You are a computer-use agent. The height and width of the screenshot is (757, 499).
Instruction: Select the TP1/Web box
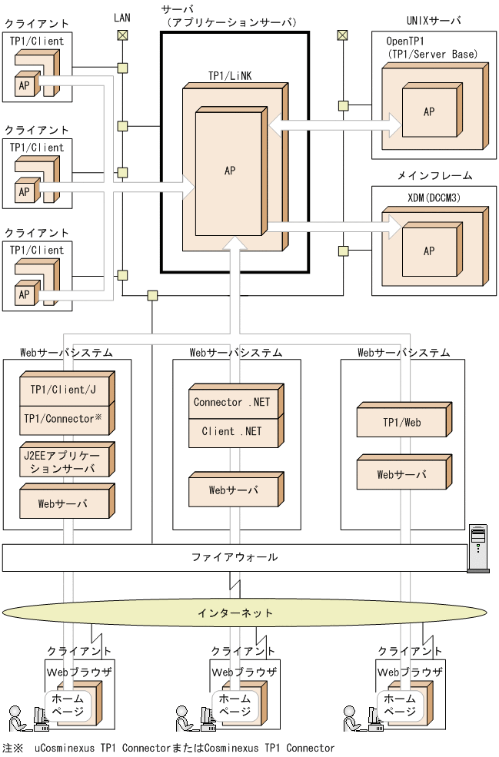click(403, 422)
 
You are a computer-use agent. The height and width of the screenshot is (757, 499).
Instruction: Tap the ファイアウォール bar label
click(235, 557)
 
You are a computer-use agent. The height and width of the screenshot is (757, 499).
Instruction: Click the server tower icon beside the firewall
click(479, 548)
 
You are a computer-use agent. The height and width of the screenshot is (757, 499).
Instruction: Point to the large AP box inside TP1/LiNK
click(230, 171)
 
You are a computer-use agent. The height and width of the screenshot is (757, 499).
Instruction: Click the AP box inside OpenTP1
click(429, 111)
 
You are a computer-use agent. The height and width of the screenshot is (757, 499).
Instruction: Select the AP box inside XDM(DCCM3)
click(429, 251)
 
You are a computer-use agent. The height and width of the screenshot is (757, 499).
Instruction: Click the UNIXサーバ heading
click(434, 19)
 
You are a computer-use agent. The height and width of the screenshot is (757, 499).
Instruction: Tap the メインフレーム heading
click(434, 176)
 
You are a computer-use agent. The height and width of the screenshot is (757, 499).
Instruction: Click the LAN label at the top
click(121, 17)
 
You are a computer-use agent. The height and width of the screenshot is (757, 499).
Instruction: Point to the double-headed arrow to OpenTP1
click(334, 123)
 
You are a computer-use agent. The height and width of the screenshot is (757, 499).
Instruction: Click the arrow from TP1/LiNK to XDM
click(334, 226)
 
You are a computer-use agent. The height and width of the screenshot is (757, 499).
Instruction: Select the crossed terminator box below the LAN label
click(122, 35)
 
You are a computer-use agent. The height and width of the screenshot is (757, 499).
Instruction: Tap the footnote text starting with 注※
click(169, 748)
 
